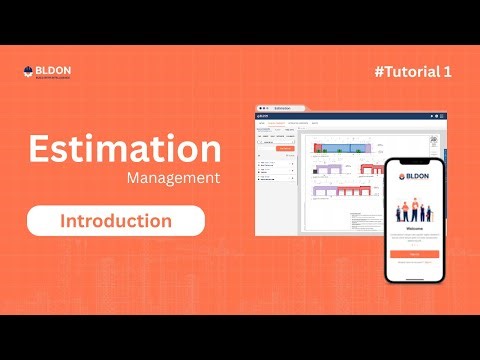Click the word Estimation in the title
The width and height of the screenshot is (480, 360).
click(x=124, y=150)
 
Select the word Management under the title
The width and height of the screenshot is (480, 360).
click(x=173, y=180)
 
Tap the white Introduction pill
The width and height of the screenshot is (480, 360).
click(x=115, y=220)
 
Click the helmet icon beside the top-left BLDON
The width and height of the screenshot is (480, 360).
click(x=28, y=72)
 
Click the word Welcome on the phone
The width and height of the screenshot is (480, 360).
click(x=412, y=226)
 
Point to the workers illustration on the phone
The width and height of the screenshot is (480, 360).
click(x=412, y=210)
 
